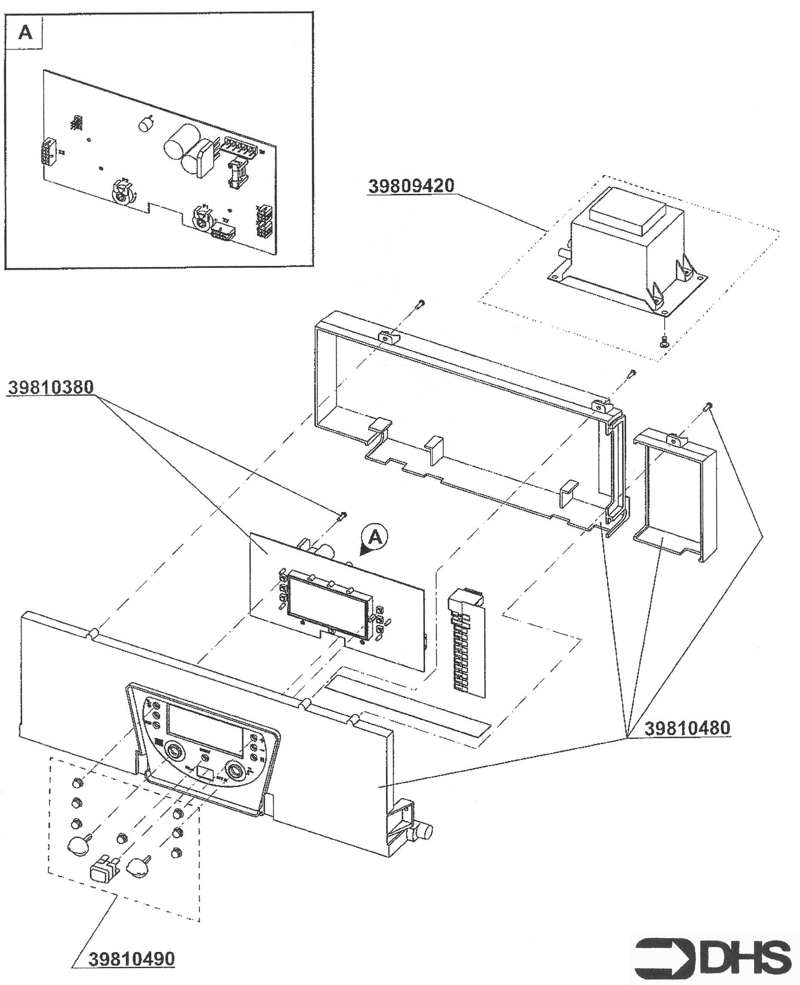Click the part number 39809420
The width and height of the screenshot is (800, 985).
click(x=411, y=186)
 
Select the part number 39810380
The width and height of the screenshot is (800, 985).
click(x=51, y=387)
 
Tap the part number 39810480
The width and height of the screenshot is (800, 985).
click(x=687, y=729)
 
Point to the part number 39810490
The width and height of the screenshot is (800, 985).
click(x=131, y=959)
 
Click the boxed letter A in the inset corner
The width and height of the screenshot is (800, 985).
click(x=25, y=33)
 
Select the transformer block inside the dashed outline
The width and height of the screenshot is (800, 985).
click(x=627, y=240)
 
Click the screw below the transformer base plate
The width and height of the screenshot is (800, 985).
click(x=664, y=342)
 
